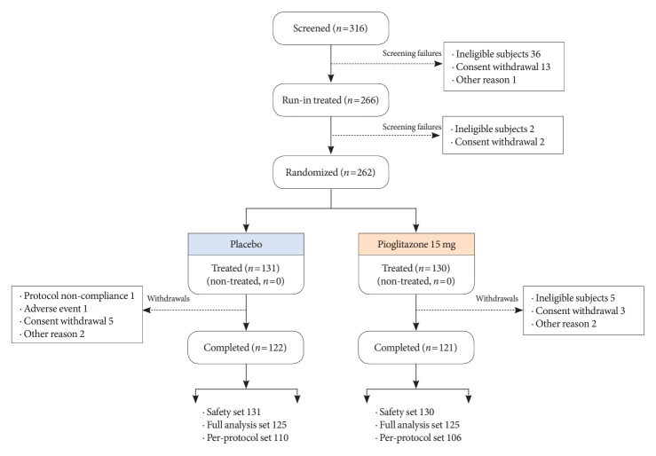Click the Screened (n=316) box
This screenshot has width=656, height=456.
pos(330,28)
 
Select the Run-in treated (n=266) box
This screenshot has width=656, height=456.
pos(330,100)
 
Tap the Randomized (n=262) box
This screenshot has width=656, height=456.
pos(330,172)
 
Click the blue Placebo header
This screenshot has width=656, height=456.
pos(246,244)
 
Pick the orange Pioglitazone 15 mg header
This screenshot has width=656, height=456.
pos(416,244)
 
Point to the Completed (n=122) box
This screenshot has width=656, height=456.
pos(246,348)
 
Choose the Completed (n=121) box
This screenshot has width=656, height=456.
pos(415,348)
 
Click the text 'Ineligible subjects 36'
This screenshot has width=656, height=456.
pos(498,54)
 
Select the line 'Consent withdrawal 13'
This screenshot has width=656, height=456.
pos(503,67)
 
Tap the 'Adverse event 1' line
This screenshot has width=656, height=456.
pos(56,309)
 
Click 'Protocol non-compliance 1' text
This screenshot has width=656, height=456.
pos(79,296)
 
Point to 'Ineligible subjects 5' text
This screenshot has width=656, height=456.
pos(575,298)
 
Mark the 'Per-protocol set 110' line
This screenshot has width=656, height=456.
pos(248,437)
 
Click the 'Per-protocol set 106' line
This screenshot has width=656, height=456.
pos(421,437)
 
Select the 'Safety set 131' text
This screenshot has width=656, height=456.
pos(233,413)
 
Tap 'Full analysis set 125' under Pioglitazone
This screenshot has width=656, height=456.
pos(419,425)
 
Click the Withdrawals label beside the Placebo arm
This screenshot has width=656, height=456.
pos(168,298)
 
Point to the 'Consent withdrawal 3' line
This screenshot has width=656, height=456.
pos(581,311)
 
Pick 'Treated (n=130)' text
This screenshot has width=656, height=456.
pos(415,268)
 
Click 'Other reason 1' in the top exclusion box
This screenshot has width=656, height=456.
pos(486,80)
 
